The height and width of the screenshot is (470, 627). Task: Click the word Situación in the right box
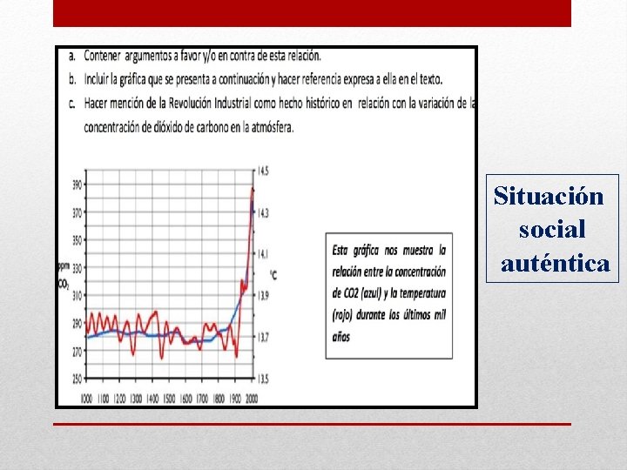(x=549, y=196)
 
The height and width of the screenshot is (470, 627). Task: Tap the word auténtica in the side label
(x=556, y=262)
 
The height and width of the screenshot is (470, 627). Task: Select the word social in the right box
(x=552, y=230)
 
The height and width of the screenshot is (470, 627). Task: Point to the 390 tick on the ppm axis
(x=77, y=185)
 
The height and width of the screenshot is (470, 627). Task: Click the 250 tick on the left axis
(x=77, y=379)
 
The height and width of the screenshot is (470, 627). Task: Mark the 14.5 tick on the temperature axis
(x=263, y=171)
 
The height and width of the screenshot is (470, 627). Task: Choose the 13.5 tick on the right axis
(x=263, y=379)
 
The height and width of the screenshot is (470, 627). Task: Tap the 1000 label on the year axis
(x=86, y=398)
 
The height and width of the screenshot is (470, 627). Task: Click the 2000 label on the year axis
(x=252, y=398)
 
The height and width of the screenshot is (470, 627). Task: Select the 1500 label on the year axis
(x=169, y=398)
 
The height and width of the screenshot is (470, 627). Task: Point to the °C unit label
(x=273, y=275)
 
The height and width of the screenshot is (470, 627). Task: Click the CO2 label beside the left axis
(x=64, y=284)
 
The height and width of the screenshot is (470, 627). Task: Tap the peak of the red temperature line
(x=253, y=189)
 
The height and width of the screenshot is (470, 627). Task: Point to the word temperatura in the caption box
(x=418, y=293)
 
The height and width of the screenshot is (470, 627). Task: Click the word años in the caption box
(x=341, y=337)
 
